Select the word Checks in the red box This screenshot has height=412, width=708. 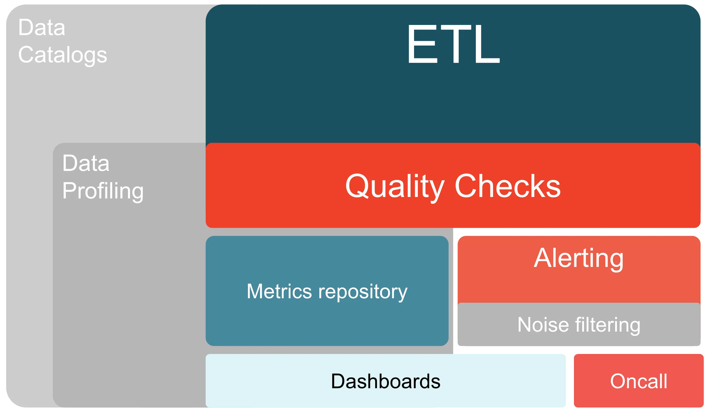click(507, 186)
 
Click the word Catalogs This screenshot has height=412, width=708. click(63, 55)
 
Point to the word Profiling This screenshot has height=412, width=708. click(103, 191)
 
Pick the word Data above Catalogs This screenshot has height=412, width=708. click(42, 28)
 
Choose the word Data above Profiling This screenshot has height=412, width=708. click(86, 163)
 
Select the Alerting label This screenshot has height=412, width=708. click(579, 258)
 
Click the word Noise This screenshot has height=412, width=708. click(543, 325)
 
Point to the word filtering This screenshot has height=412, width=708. click(608, 325)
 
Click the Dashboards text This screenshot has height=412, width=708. click(386, 381)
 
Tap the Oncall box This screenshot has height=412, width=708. click(639, 381)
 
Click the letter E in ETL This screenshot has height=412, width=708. click(422, 44)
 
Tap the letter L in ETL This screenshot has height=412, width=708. click(488, 44)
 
